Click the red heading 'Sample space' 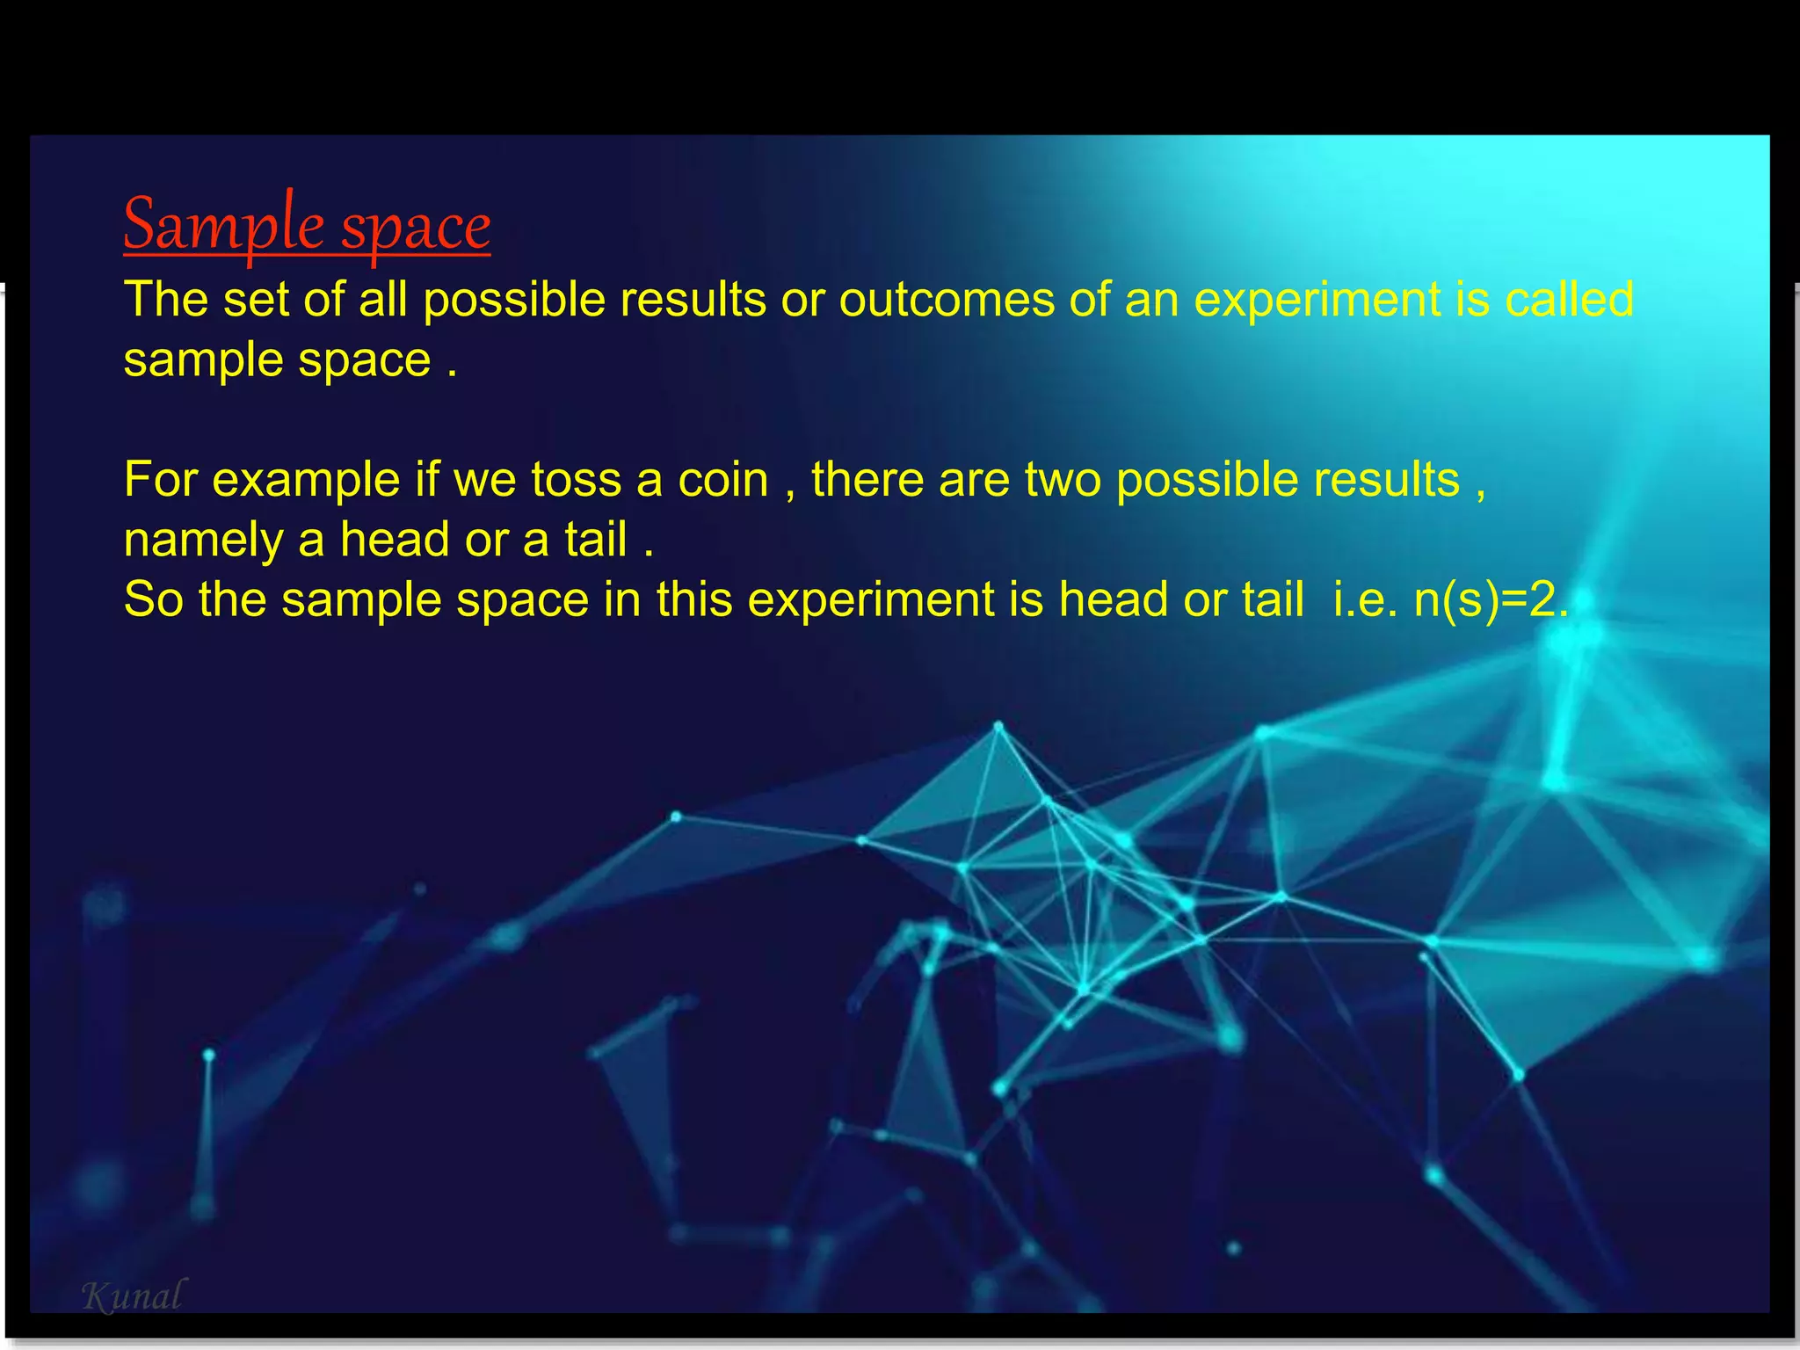pos(307,225)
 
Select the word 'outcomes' pos(947,300)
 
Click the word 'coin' pos(722,480)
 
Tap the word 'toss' pos(576,480)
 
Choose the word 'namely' pos(203,541)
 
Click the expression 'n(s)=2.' pos(1491,600)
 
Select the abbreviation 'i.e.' pos(1365,600)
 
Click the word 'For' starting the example pos(161,480)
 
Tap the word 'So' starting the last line pos(153,600)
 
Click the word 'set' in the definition pos(255,300)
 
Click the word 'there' pos(867,480)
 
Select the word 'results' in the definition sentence pos(693,300)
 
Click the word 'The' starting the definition pos(166,300)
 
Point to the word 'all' pos(383,300)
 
